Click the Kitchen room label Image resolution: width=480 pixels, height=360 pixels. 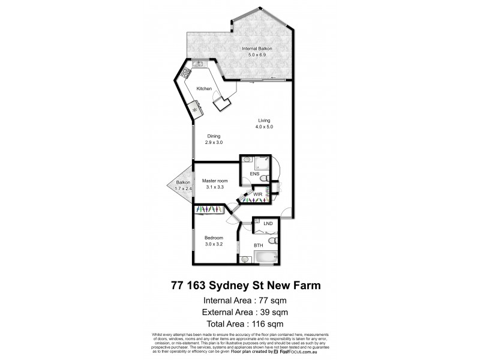[x=204, y=89]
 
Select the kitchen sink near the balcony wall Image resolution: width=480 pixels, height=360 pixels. [x=198, y=64]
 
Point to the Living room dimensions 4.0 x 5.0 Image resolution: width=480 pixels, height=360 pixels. [x=264, y=127]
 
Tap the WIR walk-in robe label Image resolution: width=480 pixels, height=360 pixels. [x=259, y=194]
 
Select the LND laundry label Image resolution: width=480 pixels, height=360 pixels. [x=268, y=224]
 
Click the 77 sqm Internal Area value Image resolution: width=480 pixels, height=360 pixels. [x=265, y=301]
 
